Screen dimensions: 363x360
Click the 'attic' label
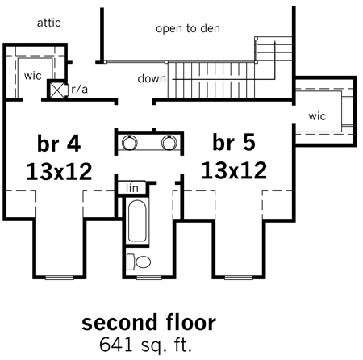coord(48,23)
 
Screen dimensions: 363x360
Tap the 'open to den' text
coord(188,28)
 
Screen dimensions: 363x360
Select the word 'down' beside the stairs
coord(152,78)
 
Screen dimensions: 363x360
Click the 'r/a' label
coord(80,89)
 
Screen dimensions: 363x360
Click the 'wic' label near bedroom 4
coord(32,76)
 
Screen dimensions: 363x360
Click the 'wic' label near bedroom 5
coord(317,116)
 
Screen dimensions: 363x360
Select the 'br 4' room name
coord(59,144)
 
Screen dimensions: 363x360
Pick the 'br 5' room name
coord(234,142)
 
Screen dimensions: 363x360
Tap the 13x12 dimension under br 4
coord(59,171)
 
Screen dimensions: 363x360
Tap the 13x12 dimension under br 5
coord(234,170)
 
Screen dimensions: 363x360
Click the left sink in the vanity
coord(129,142)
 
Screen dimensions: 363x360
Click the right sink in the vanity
coord(169,142)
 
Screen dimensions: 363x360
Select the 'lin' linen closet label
coord(132,188)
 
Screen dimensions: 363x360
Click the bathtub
coord(137,220)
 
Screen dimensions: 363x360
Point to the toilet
coord(139,262)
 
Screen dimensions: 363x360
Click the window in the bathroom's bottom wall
coord(149,278)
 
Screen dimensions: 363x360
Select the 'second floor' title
coord(148,322)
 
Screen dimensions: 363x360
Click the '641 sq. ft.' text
coord(145,345)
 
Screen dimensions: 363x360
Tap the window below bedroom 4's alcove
coord(60,278)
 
